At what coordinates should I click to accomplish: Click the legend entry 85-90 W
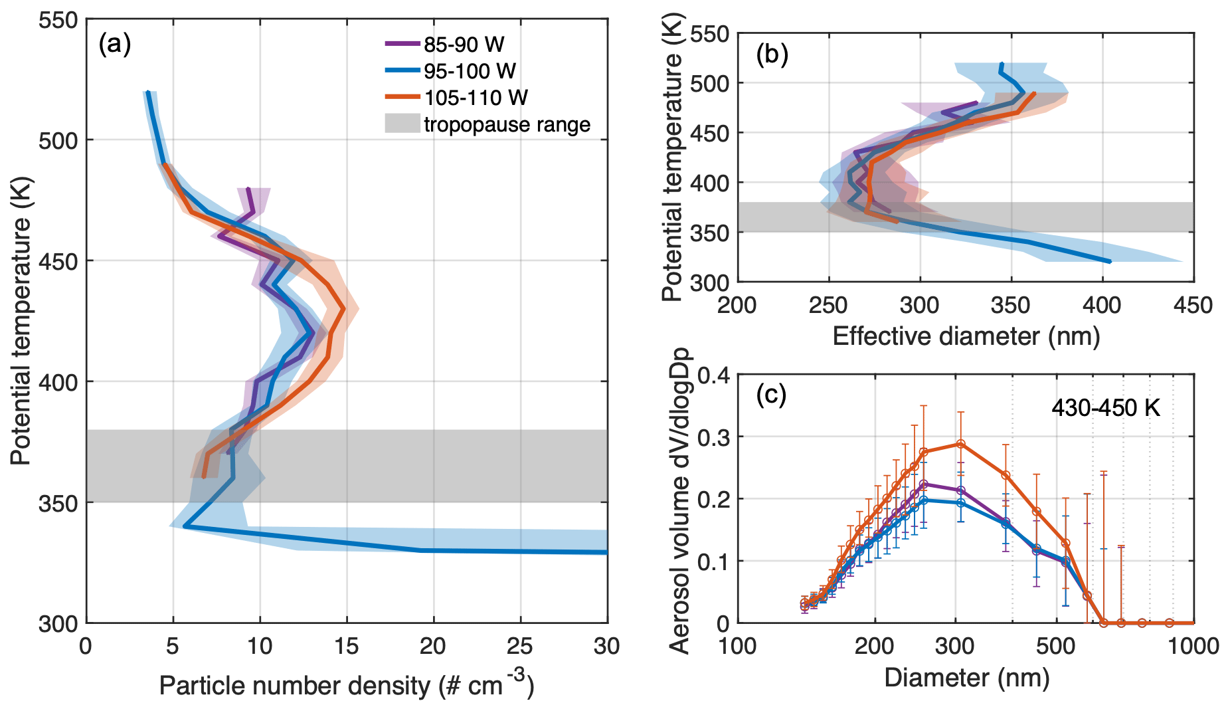tap(464, 45)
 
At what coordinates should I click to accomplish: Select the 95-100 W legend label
tap(470, 71)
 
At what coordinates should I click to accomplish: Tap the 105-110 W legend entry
tap(476, 98)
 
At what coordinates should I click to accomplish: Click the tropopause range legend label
tap(507, 124)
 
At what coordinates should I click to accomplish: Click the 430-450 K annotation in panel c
tap(1106, 407)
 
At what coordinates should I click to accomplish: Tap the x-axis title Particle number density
tap(346, 684)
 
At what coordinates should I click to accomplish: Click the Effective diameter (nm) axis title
tap(966, 336)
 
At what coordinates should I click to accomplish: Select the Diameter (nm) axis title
tap(966, 677)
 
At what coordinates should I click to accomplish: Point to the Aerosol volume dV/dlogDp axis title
tap(681, 500)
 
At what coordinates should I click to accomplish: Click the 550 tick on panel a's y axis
tap(58, 21)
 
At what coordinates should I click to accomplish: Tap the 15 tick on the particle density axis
tap(347, 646)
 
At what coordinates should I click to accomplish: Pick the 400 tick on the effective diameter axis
tap(1102, 305)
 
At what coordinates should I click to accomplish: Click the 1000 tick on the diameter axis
tap(1193, 646)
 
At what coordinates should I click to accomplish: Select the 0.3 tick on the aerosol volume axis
tap(714, 437)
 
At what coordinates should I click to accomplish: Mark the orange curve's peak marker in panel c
tap(960, 444)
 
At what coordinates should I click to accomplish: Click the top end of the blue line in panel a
tap(147, 92)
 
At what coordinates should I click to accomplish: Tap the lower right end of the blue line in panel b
tap(1110, 262)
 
